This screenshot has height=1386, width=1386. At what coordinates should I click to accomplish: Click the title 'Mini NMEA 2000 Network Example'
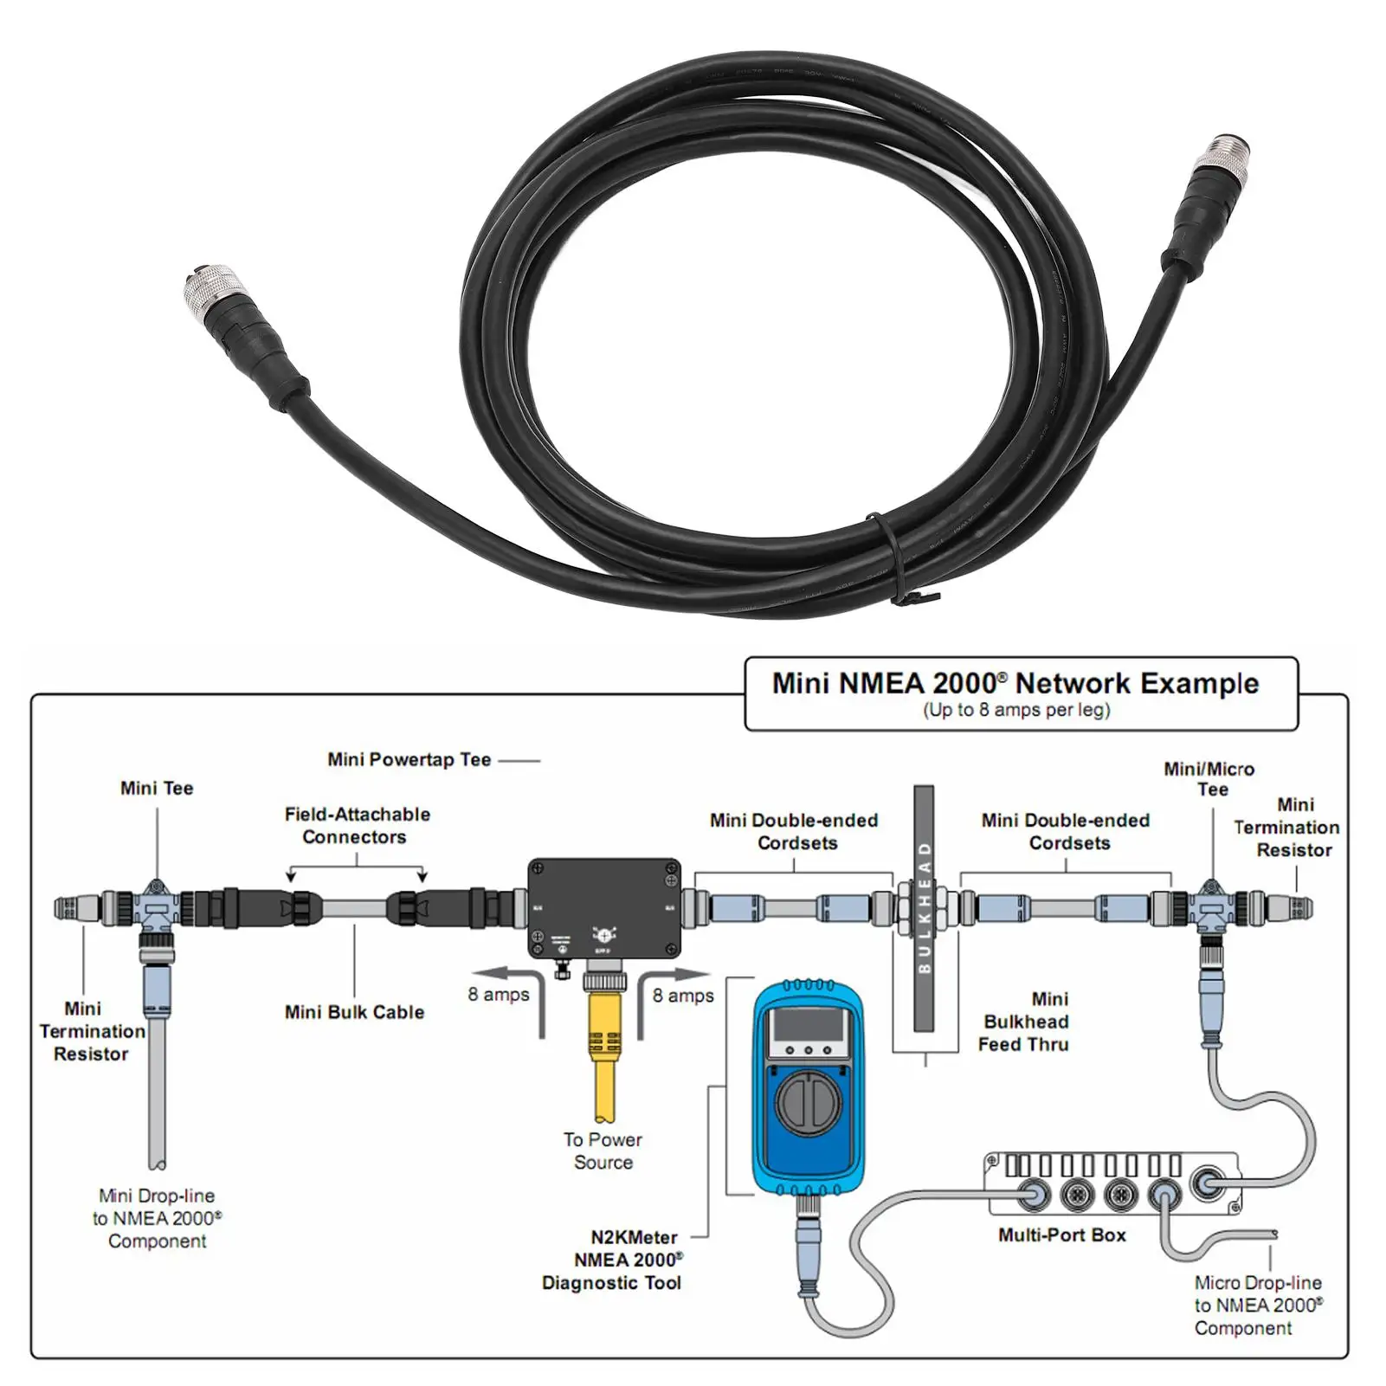[1015, 683]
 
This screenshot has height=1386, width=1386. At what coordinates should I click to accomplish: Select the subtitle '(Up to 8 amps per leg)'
[1015, 711]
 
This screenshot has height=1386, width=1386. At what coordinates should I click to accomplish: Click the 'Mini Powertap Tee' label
[409, 760]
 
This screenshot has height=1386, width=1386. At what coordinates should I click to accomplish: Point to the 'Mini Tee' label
[157, 789]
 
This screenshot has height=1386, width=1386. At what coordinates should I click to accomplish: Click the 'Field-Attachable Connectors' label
[357, 826]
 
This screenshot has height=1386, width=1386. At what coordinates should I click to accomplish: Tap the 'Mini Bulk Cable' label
[354, 1012]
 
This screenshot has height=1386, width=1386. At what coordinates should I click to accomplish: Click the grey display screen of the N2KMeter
[807, 1025]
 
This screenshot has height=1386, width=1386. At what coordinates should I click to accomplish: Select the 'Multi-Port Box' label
[1061, 1235]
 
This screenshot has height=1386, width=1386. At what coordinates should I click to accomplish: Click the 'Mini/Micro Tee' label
[1209, 779]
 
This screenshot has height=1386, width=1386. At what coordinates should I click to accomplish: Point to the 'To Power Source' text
[603, 1151]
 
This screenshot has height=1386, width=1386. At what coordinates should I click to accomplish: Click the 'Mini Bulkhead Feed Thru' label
[1024, 1022]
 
